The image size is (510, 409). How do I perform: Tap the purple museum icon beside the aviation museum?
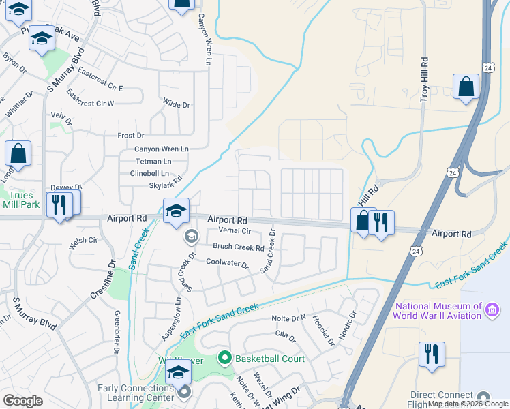[491, 312]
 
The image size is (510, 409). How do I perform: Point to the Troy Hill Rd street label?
[424, 79]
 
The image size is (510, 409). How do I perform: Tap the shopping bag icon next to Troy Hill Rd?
[466, 87]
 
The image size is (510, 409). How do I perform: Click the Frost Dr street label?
[131, 136]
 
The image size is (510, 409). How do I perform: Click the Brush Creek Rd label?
[238, 247]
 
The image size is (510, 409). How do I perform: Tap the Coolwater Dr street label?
[227, 263]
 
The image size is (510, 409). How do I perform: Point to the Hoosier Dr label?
[322, 329]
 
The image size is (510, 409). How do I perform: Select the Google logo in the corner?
[22, 400]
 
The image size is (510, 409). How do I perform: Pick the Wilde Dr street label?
[176, 104]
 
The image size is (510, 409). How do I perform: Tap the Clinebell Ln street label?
[149, 173]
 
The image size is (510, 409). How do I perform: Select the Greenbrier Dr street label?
[117, 331]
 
